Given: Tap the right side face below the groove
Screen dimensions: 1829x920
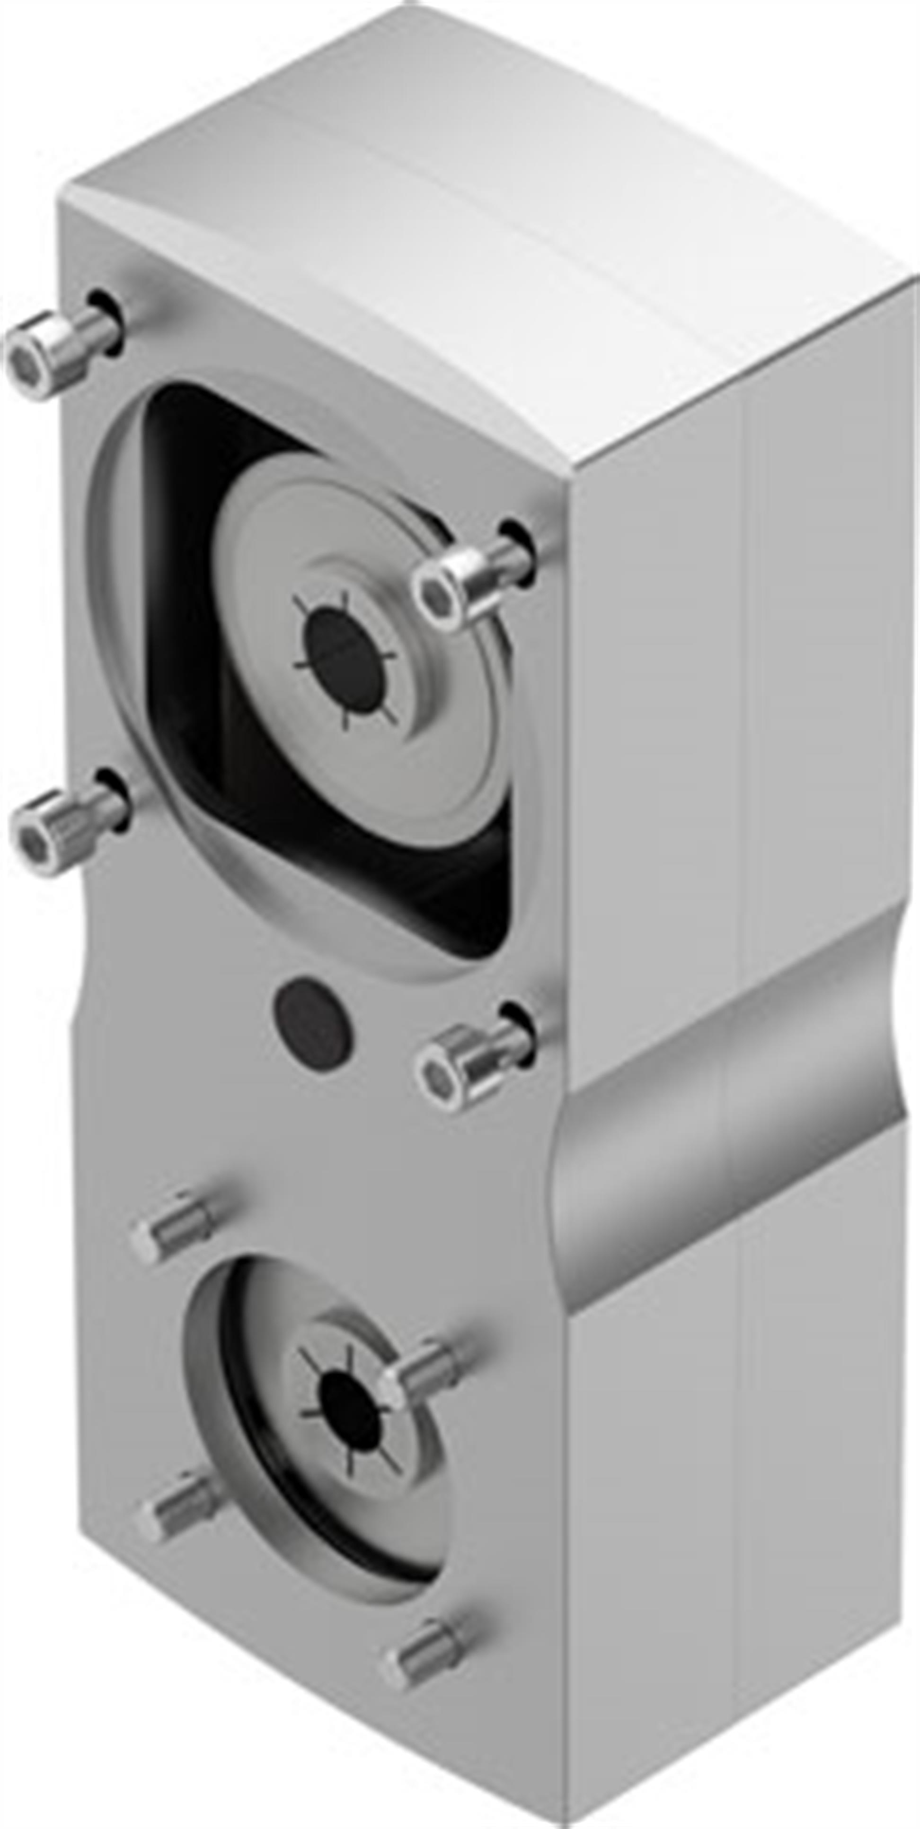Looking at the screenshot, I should (x=732, y=1526).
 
